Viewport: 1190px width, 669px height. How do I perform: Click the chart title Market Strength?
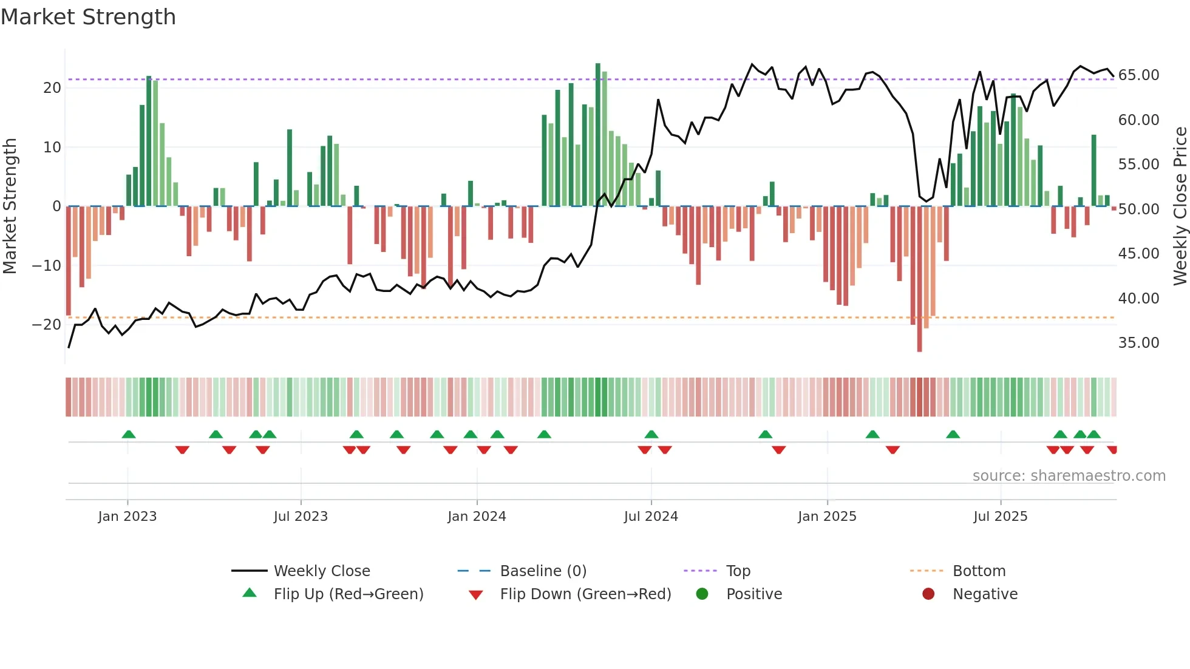click(88, 17)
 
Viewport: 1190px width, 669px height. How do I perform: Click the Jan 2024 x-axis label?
click(477, 517)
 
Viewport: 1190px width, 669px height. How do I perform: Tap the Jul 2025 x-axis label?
click(1000, 517)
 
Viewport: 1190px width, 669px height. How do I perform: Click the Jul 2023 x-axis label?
click(301, 517)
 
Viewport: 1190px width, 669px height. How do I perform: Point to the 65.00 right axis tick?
click(1138, 75)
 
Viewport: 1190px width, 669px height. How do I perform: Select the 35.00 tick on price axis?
click(1138, 343)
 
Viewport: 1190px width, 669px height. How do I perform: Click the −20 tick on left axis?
click(47, 325)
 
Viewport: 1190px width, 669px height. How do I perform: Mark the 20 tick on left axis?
click(52, 88)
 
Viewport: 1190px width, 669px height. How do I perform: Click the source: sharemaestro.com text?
click(1069, 476)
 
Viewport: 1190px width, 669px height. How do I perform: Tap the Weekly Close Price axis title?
click(1180, 206)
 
